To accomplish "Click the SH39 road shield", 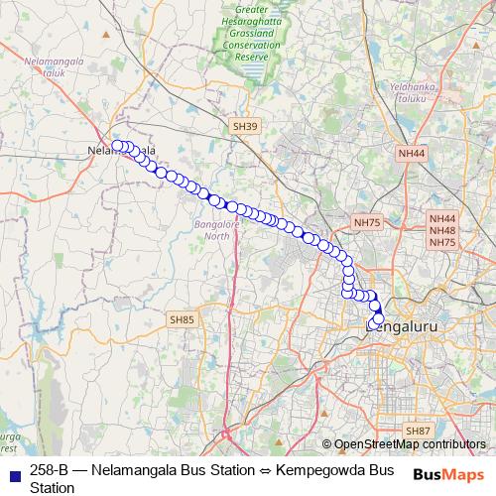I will [244, 126].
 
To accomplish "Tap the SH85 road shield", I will [182, 319].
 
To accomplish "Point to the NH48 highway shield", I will [441, 230].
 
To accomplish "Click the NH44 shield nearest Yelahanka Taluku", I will [411, 154].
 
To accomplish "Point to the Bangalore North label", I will [210, 231].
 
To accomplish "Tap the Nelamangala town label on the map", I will [122, 151].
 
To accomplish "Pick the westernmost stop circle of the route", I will [117, 146].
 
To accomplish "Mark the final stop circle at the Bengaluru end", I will [378, 319].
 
